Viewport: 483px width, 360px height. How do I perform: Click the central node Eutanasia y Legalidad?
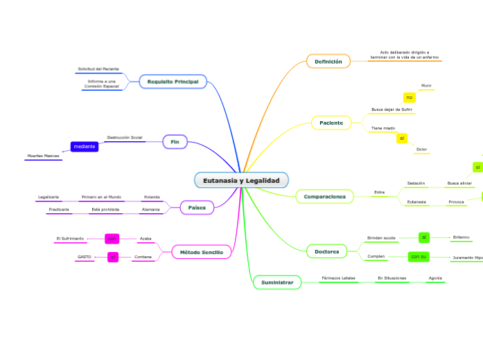241,180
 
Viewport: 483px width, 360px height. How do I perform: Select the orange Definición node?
328,62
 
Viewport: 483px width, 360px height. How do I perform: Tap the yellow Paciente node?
331,123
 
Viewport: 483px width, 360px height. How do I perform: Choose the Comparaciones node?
324,197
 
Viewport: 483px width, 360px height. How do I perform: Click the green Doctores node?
326,251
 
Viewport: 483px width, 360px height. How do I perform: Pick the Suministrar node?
276,282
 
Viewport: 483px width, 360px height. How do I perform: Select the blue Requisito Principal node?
173,82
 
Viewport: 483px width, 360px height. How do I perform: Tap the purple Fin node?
175,141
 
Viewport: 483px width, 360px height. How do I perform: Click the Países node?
197,208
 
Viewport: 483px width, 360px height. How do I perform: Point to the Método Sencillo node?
202,253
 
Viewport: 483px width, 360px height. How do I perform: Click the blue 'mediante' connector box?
85,147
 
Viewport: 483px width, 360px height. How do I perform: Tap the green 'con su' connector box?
419,257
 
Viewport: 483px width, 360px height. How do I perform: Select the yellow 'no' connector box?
409,98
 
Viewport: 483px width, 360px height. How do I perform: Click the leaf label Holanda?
151,197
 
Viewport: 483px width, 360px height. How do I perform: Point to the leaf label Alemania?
150,209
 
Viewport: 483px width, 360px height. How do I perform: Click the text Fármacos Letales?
338,278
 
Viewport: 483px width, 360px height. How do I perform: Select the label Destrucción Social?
125,137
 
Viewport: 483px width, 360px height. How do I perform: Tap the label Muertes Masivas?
43,156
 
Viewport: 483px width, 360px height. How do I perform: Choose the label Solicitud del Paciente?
98,69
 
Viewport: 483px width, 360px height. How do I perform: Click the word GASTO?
85,257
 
